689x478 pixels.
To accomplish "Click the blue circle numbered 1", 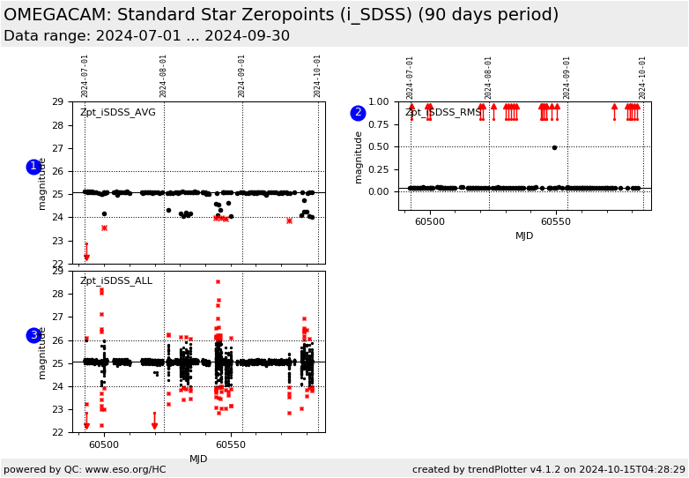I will [x=33, y=167].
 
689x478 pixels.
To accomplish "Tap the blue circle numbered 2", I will [x=358, y=113].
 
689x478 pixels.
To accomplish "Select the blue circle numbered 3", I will [x=33, y=335].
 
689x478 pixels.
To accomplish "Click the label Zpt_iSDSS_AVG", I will [x=117, y=112].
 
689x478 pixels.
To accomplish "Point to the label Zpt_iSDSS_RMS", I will [x=443, y=112].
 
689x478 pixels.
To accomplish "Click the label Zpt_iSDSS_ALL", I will [x=115, y=281].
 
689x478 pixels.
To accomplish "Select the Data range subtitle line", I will [x=146, y=36].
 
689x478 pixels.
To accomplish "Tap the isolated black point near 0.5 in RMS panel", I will [x=554, y=147].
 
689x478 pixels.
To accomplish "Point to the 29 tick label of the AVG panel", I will [x=57, y=102].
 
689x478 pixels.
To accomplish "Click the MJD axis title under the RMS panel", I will [x=524, y=236].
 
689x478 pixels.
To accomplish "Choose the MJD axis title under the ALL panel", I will [x=198, y=459].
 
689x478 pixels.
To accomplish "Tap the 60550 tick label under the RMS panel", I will [x=555, y=222].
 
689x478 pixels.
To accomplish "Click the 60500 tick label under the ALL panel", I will [x=103, y=444].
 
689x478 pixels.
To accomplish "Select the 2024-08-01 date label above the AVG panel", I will [x=164, y=76].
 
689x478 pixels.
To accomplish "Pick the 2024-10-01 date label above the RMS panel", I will [x=643, y=77].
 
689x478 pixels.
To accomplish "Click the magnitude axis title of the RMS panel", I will [x=359, y=156].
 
